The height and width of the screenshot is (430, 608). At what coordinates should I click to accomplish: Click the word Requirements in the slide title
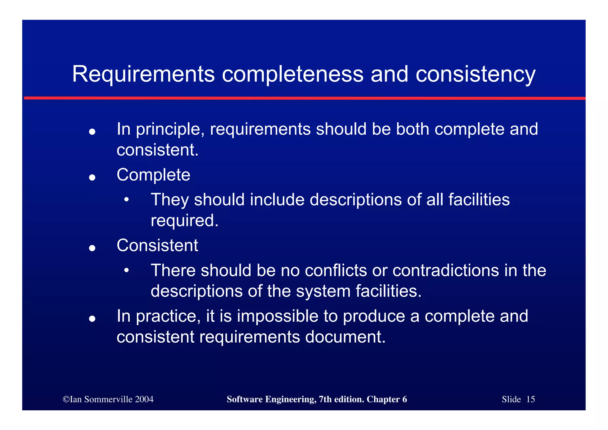coord(143,74)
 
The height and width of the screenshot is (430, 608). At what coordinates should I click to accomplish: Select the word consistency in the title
coord(475,74)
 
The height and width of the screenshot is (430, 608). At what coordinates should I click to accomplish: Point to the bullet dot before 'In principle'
coord(92,132)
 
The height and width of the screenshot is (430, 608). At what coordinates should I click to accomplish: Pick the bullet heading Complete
coord(153,175)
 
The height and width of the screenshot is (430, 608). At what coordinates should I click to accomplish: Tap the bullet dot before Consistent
coord(92,248)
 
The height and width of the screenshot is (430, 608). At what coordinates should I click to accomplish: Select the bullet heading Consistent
coord(157,246)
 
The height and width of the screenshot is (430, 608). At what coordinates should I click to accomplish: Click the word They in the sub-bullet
coord(170,200)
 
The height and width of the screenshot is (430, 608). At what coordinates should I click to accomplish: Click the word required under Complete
coord(184,221)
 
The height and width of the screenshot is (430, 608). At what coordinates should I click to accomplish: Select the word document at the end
coord(345,337)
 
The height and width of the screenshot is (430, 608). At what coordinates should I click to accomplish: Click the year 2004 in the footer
coord(144,399)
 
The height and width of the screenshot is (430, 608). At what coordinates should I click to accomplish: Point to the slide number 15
coord(531,399)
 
